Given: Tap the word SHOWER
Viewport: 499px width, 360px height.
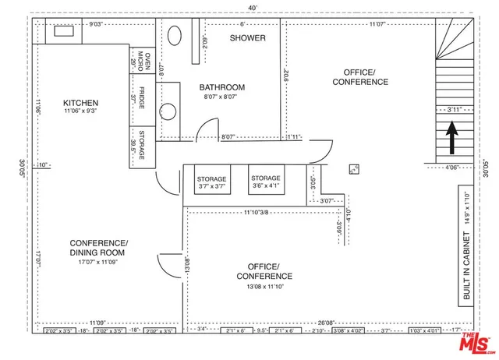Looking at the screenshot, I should pyautogui.click(x=248, y=38).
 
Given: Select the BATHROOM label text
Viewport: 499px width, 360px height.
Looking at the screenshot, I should pyautogui.click(x=221, y=87).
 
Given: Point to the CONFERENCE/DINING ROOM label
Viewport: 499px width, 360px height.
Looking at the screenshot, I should pyautogui.click(x=98, y=247).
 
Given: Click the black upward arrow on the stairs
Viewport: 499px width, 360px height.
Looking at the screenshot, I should pyautogui.click(x=451, y=141).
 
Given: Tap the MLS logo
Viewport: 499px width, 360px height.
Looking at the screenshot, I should pyautogui.click(x=472, y=341).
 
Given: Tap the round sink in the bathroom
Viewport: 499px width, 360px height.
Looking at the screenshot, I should pyautogui.click(x=167, y=111).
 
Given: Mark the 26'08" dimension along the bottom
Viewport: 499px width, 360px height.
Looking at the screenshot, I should pyautogui.click(x=326, y=322).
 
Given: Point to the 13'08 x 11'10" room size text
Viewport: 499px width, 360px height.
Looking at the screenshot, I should pyautogui.click(x=264, y=287).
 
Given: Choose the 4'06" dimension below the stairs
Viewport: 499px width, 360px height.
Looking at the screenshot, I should pyautogui.click(x=452, y=168).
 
